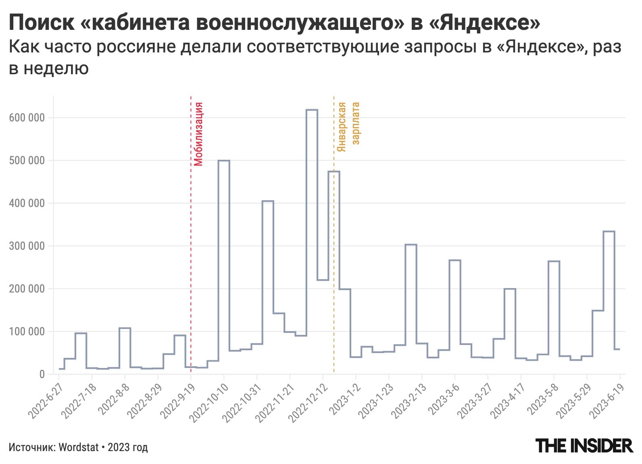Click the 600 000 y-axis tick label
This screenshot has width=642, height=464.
pos(27,118)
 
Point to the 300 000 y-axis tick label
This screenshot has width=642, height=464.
pos(27,246)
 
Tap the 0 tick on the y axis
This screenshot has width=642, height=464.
pos(42,374)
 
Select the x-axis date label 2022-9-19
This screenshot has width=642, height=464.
pos(179,401)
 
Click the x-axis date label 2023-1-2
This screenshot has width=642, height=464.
pos(346,399)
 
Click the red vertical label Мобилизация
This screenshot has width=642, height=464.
pos(198,134)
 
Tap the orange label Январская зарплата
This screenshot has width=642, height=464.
pos(348,127)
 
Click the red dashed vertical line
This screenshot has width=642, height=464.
pos(191,242)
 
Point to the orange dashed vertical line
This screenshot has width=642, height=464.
pos(334,242)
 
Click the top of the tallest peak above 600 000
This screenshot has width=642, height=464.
pos(312,110)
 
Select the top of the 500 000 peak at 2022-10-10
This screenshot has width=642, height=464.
pos(224,161)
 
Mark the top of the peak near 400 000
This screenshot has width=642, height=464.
pos(268,201)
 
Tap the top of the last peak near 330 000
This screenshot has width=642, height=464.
pos(609,232)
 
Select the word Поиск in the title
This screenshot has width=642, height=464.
pos(42,23)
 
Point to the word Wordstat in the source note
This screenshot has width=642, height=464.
pos(79,447)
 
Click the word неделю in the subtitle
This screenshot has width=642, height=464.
pos(56,69)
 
